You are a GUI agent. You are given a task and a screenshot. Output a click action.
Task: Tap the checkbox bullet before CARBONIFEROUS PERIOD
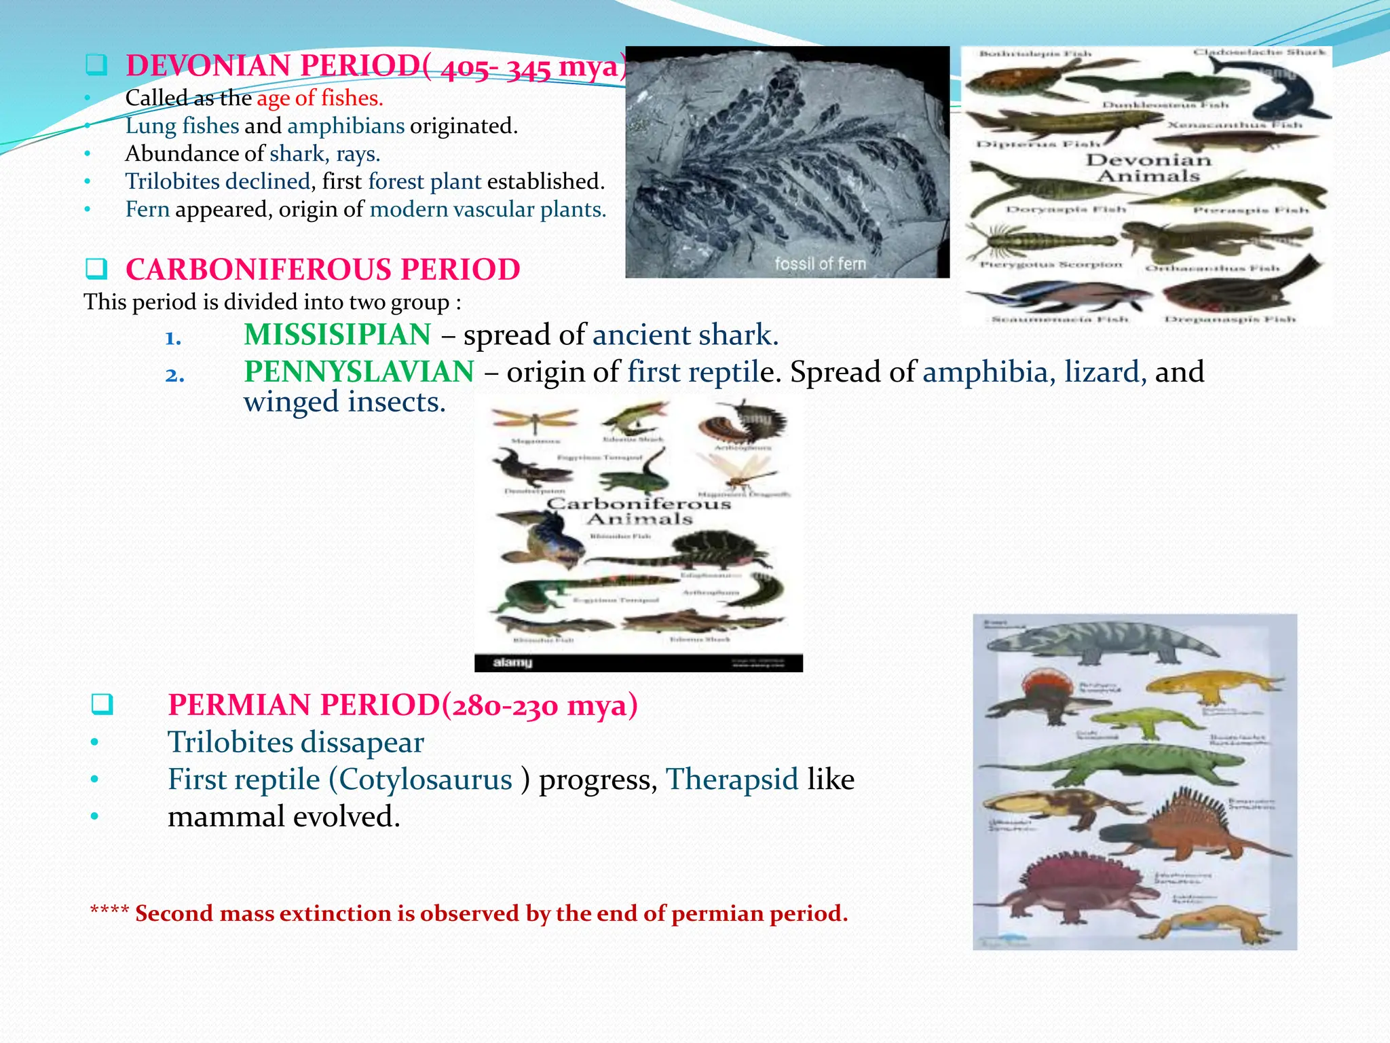96,270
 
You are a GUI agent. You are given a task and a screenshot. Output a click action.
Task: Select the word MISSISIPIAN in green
337,335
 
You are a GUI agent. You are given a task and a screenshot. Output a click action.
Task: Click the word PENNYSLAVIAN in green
359,372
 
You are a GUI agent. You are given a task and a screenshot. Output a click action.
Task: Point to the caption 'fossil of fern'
820,263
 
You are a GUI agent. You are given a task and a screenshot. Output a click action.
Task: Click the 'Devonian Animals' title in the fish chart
1148,168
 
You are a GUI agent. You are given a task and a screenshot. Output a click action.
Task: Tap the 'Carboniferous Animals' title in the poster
639,511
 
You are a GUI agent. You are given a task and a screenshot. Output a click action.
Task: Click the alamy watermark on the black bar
512,663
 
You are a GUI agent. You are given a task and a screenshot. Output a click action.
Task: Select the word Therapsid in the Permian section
732,780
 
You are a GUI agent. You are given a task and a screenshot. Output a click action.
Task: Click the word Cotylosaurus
426,780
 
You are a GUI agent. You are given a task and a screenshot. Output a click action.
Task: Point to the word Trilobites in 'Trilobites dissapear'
230,742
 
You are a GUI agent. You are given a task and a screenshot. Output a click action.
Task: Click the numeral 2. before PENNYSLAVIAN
174,375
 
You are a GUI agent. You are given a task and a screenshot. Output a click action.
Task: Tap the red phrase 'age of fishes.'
320,98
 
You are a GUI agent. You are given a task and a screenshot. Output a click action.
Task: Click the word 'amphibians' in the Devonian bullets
345,126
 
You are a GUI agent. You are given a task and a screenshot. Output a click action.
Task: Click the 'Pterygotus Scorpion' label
1051,265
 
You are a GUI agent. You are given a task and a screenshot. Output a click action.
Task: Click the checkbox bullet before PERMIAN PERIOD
102,704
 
